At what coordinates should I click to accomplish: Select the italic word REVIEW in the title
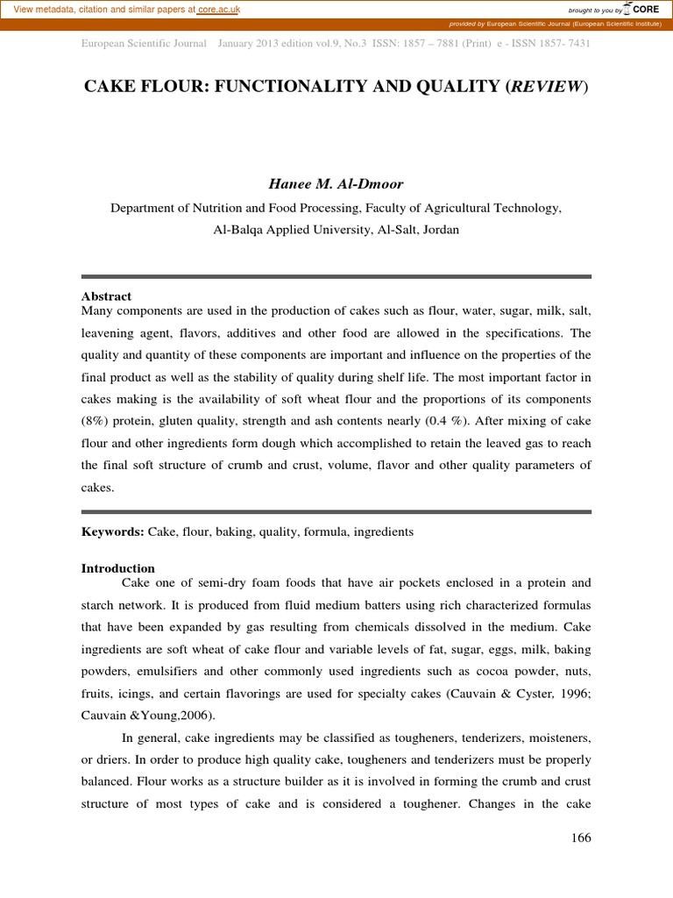point(549,87)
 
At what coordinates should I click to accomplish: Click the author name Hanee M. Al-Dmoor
point(336,184)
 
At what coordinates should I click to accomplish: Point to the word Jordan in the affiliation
point(438,229)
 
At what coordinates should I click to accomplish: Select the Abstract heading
point(106,296)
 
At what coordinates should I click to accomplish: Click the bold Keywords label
point(112,531)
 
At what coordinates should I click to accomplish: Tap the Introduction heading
point(117,568)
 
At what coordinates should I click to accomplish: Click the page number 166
point(581,837)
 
